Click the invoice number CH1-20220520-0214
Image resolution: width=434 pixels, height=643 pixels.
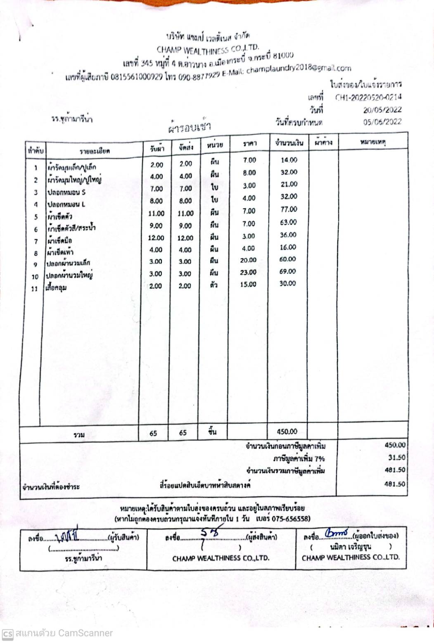coord(368,98)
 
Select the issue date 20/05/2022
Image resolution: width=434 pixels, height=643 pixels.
coord(382,110)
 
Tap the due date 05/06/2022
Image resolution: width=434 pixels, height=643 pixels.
coord(382,122)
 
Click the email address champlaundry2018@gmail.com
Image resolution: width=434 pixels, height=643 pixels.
coord(299,69)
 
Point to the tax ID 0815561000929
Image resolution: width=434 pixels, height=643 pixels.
coord(137,77)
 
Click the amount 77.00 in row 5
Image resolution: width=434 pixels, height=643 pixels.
coord(289,209)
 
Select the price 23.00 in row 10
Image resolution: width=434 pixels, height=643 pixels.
coord(248,272)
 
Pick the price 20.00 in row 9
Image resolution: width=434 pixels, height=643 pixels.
coord(248,260)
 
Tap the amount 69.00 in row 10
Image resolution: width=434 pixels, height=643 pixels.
coord(287,271)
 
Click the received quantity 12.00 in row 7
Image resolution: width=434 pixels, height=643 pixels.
coord(156,238)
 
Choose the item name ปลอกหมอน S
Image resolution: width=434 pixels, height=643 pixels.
coord(66,192)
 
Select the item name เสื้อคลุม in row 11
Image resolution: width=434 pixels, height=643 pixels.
coord(57,288)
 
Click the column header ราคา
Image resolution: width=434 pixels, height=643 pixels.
coord(249,143)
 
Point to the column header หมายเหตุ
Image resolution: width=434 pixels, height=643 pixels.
coord(372,142)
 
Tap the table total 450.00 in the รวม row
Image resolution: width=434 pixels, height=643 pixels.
coord(287,432)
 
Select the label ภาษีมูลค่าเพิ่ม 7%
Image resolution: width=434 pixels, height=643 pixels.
coord(299,459)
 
